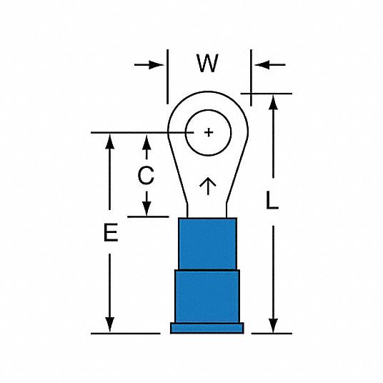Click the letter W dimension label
coord(207,64)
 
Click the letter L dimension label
coord(272,200)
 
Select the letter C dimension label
coord(146,175)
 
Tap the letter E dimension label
coord(111,232)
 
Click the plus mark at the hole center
coord(209,132)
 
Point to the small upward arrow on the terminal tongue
coord(208,186)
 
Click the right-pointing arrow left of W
coord(149,65)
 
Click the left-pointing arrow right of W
coord(270,65)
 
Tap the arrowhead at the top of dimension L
coord(273,103)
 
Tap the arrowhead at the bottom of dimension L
coord(273,326)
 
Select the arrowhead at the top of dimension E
coord(109,141)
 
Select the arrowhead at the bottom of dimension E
coord(109,324)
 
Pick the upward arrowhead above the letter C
coord(146,143)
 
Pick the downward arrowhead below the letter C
coord(146,209)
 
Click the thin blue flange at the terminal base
coord(207,328)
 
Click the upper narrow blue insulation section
coord(207,244)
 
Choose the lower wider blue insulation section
coord(207,297)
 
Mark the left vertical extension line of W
coord(167,76)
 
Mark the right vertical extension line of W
coord(251,78)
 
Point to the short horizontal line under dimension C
coord(148,217)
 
